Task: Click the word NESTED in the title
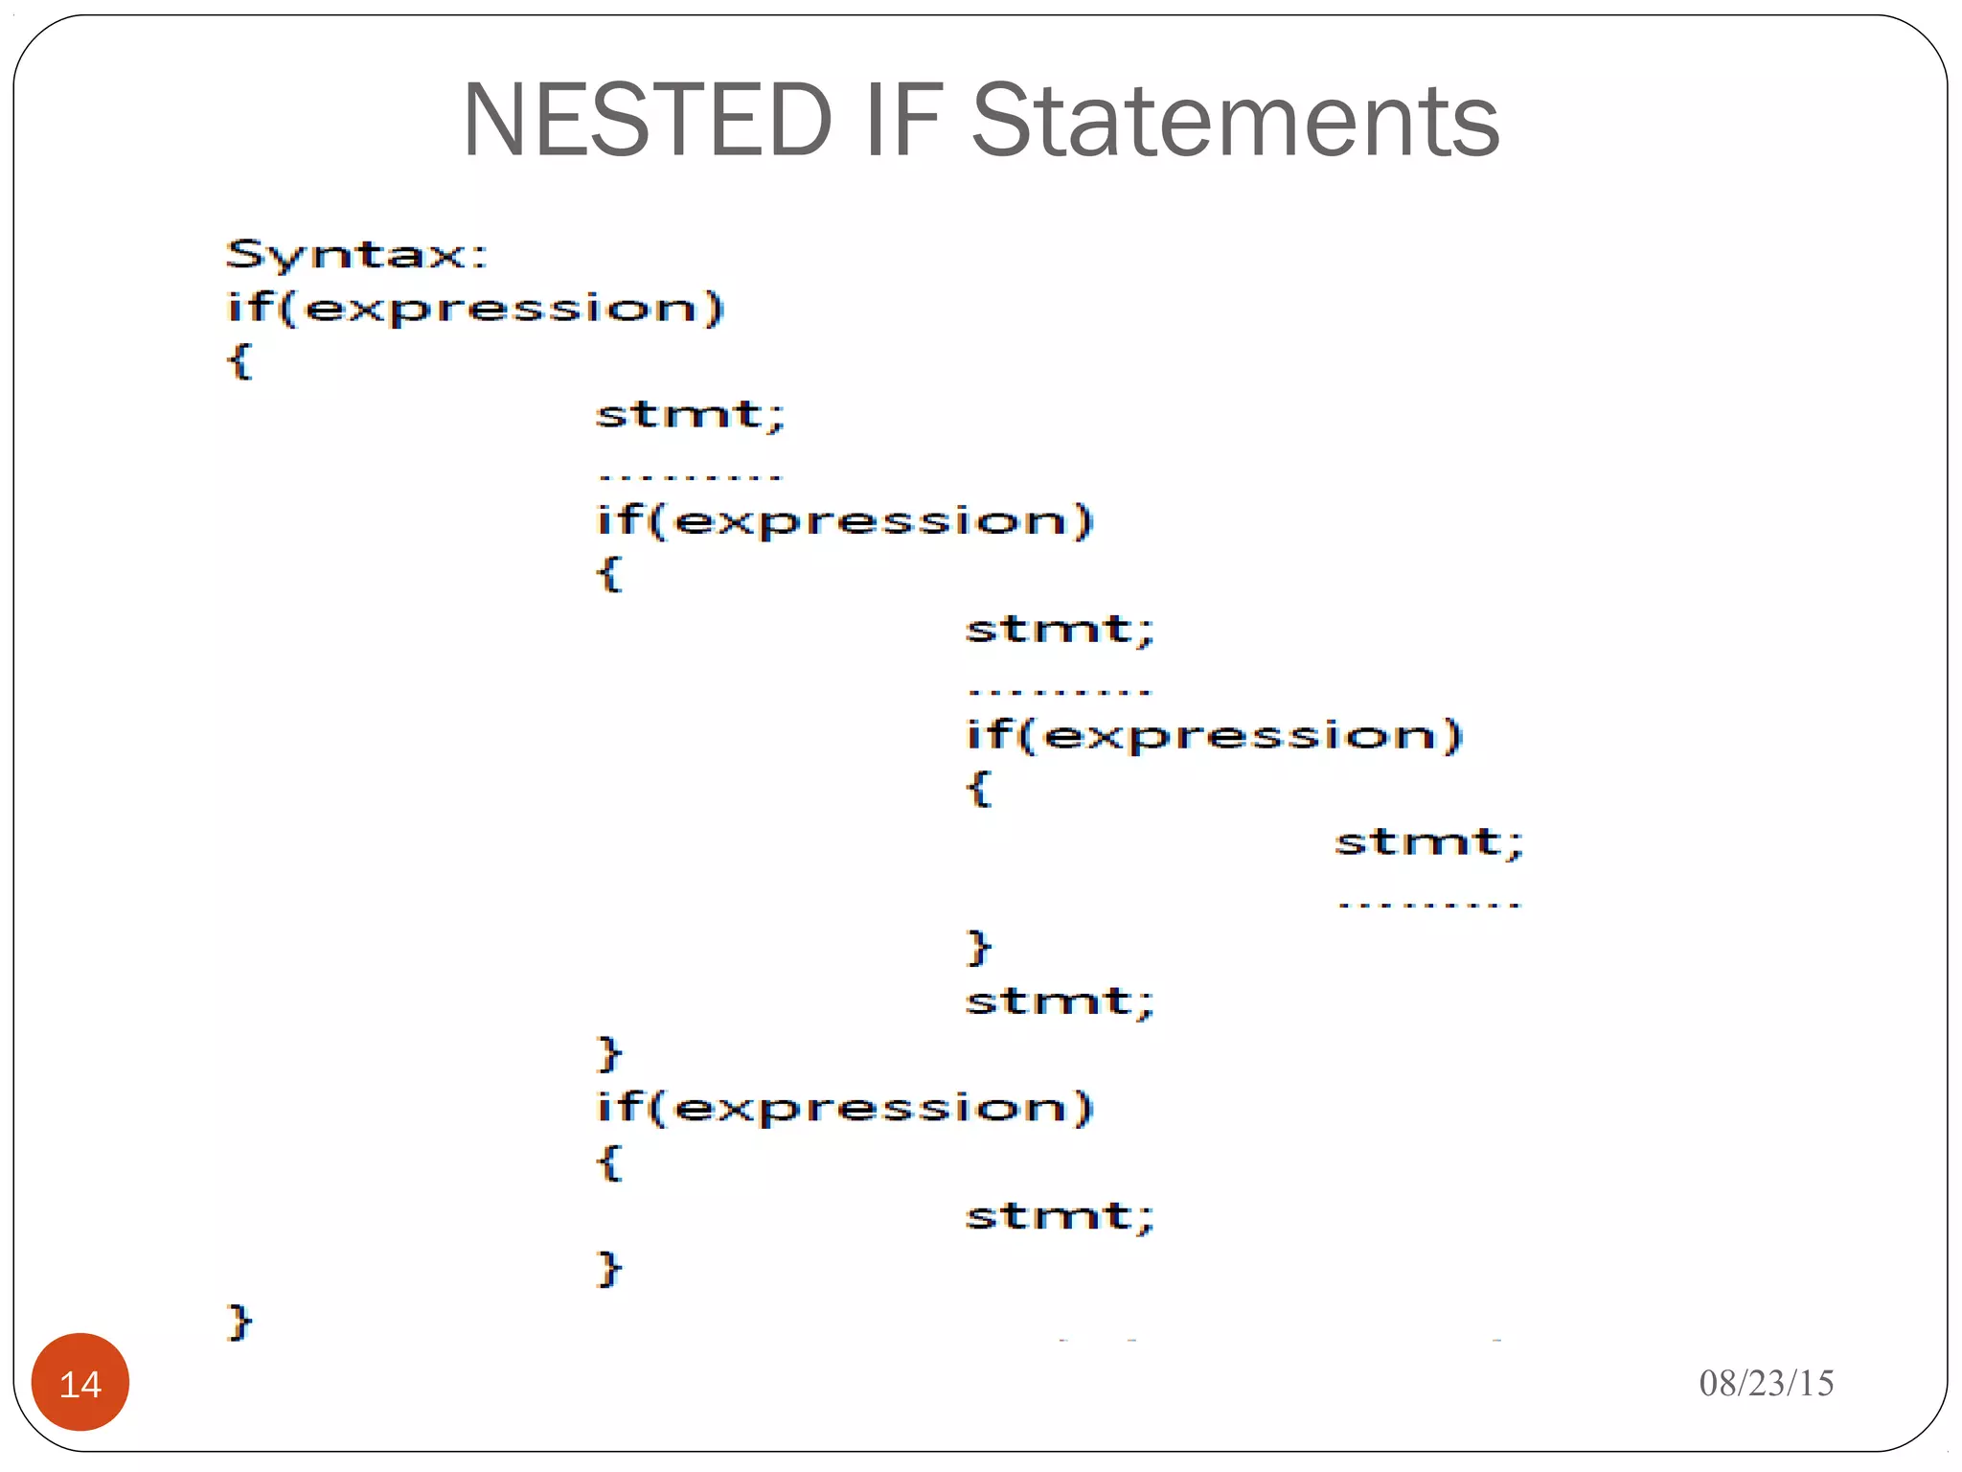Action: (x=648, y=121)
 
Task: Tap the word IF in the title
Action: (x=902, y=121)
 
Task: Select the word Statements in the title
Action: (x=1235, y=121)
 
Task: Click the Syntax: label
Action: (x=356, y=255)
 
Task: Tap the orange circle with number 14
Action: (x=80, y=1382)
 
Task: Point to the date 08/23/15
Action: (x=1766, y=1383)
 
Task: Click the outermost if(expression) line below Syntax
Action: (x=475, y=309)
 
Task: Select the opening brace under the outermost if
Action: (x=240, y=362)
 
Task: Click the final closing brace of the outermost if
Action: (x=240, y=1322)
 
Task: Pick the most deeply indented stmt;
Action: (x=1428, y=842)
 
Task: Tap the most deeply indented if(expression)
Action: (x=1214, y=736)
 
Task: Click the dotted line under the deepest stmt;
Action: (x=1428, y=904)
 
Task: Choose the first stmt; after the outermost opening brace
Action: (x=690, y=415)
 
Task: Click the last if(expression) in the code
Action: (x=844, y=1108)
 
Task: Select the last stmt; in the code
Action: (x=1060, y=1216)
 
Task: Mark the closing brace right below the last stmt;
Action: (x=609, y=1269)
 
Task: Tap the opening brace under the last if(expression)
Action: (x=609, y=1161)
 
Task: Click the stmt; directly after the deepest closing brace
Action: (x=1060, y=1001)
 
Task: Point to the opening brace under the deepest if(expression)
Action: (x=978, y=789)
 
